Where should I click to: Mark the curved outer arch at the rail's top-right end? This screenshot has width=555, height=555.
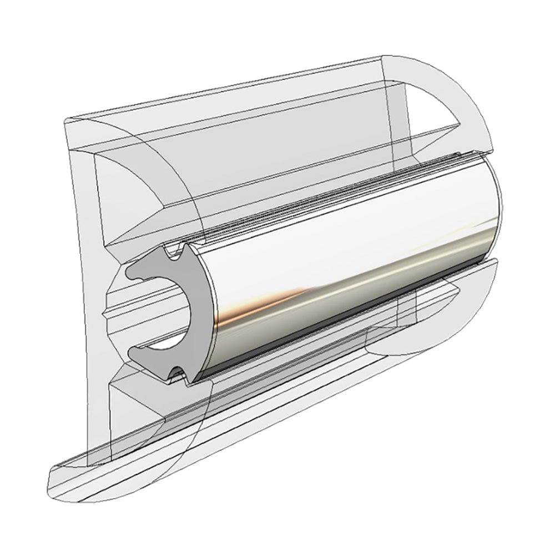click(x=472, y=94)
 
